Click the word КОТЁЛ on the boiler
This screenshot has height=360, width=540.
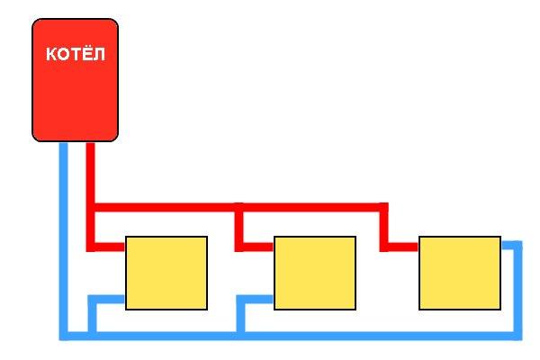(x=76, y=54)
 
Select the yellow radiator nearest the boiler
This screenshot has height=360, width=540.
(x=166, y=273)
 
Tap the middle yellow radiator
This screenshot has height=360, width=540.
(x=315, y=273)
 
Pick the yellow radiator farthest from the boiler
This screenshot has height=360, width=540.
(x=460, y=273)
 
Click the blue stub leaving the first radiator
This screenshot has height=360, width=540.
(x=106, y=299)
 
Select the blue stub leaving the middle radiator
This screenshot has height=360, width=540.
(x=255, y=299)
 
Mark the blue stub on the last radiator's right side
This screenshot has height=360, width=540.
(x=512, y=246)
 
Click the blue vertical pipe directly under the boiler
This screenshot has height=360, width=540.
(x=64, y=241)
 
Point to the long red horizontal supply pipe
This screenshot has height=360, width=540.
(x=241, y=207)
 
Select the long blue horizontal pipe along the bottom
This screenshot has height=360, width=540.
(x=291, y=336)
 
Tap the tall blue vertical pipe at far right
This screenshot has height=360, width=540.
(x=518, y=291)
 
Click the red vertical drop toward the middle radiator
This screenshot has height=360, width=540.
(x=239, y=227)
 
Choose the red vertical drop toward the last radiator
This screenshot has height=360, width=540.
(x=384, y=227)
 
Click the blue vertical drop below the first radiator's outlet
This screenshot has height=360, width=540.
(x=92, y=316)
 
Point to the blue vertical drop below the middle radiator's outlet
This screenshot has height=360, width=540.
(x=240, y=316)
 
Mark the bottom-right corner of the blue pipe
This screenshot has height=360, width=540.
(x=522, y=339)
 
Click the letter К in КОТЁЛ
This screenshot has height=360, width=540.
(x=51, y=54)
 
